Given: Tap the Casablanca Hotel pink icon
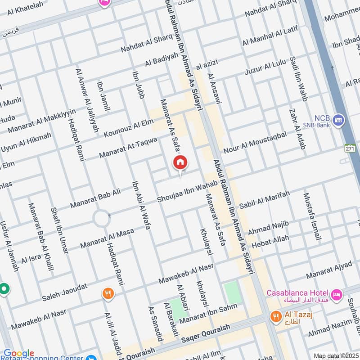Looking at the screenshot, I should pyautogui.click(x=337, y=295).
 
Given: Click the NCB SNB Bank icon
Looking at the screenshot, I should pyautogui.click(x=339, y=120).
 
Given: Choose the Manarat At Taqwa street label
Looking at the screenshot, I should pyautogui.click(x=128, y=148).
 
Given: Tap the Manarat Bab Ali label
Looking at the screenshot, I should pyautogui.click(x=95, y=199).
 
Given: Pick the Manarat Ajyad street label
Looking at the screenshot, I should pyautogui.click(x=329, y=270).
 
